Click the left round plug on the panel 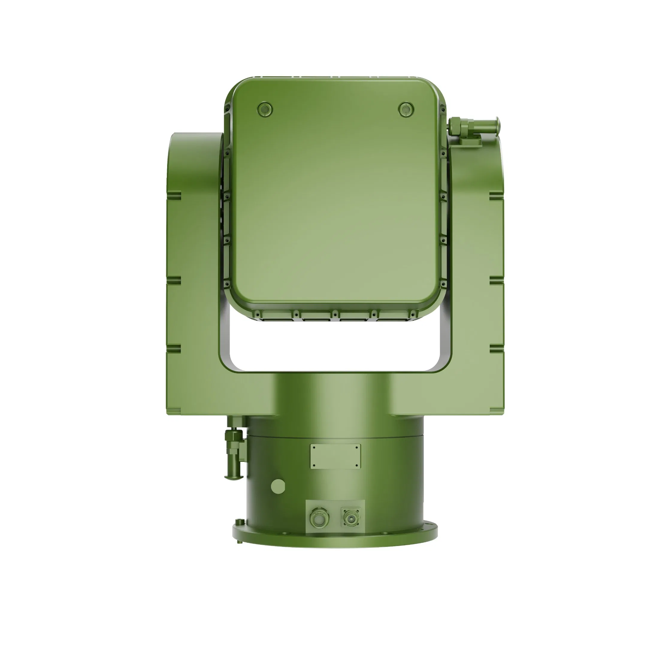(265, 110)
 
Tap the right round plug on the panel (406, 110)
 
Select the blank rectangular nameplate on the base (335, 456)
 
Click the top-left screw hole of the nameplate (314, 448)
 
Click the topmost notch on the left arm (174, 197)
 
